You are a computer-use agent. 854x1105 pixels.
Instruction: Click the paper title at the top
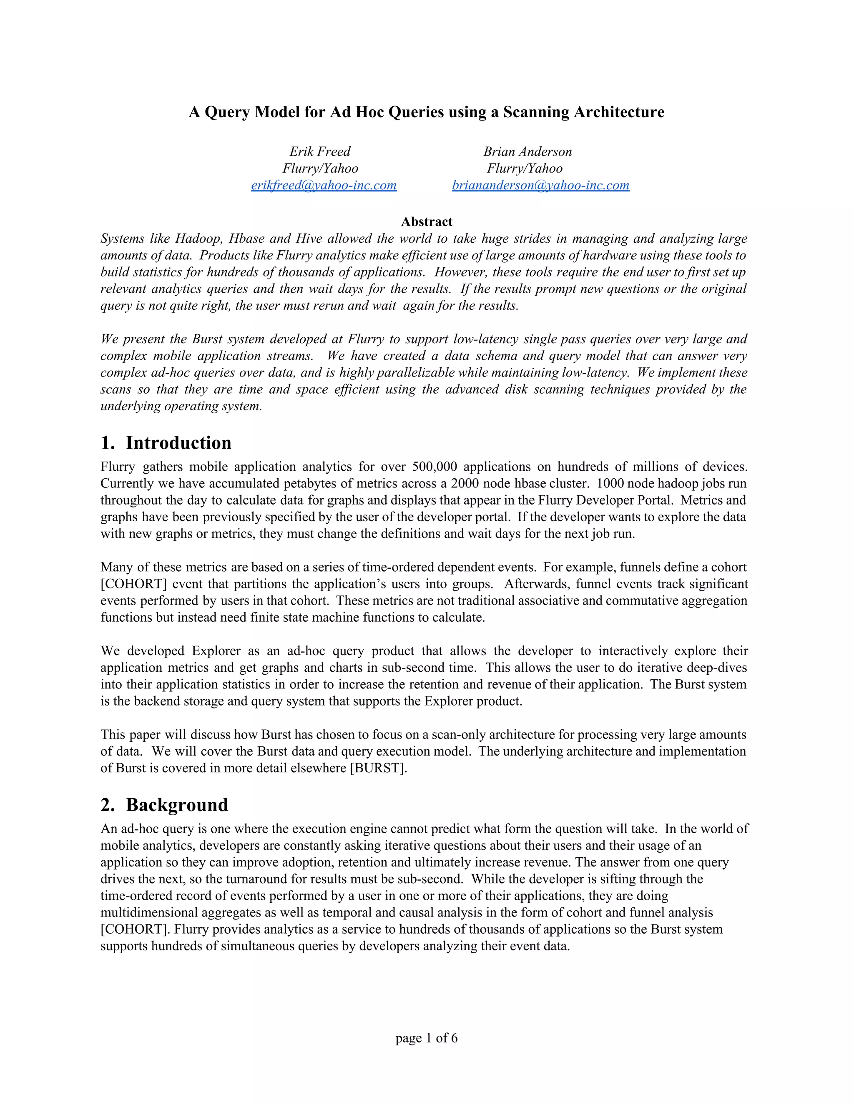(427, 112)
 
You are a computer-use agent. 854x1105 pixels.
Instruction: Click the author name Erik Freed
(320, 151)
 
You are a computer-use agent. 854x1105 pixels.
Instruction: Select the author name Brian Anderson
(527, 151)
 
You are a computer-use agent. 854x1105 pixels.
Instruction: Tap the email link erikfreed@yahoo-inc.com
(324, 185)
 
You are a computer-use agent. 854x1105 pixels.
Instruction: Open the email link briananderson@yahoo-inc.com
(540, 185)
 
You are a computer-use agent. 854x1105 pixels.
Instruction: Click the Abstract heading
(427, 221)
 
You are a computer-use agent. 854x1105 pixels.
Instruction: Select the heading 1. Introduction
(166, 443)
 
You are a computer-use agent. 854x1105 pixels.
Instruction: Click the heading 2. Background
(164, 805)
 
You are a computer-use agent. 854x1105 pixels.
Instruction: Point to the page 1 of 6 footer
(427, 1038)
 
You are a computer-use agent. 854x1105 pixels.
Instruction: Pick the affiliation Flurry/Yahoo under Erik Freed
(320, 168)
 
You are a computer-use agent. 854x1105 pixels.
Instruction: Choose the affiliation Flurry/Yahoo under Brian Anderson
(525, 168)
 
